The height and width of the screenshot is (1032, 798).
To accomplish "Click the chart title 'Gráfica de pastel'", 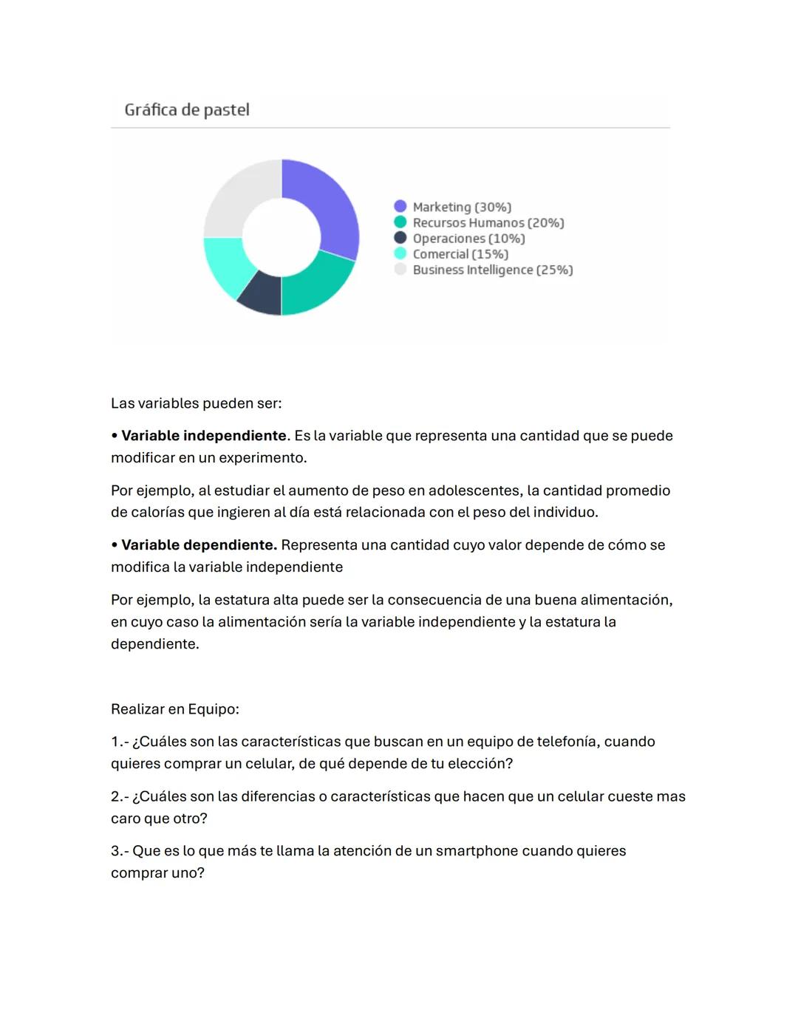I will (187, 110).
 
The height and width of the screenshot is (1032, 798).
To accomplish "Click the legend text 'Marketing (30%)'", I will (462, 207).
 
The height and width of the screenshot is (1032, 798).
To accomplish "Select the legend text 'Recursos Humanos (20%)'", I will (488, 222).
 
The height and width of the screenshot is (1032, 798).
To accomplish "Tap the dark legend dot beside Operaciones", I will (400, 238).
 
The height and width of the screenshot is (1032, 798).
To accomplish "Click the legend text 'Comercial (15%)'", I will (460, 254).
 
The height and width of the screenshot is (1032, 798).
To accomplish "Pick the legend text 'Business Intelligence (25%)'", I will (493, 270).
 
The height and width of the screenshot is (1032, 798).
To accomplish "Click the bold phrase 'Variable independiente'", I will (204, 436).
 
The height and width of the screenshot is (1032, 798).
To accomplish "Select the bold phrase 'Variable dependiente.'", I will (199, 545).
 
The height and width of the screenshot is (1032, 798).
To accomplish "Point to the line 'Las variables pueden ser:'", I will (197, 403).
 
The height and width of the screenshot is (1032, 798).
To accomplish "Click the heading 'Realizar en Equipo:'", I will (175, 709).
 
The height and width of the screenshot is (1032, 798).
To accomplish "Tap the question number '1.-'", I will (120, 742).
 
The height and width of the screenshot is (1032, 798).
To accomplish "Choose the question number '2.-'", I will (120, 796).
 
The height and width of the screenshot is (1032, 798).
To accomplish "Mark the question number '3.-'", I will (120, 851).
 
